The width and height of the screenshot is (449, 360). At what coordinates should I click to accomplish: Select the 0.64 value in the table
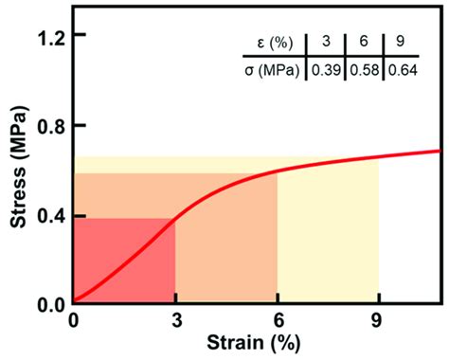400,69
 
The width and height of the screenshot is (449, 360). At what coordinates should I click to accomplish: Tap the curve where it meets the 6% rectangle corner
277,173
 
